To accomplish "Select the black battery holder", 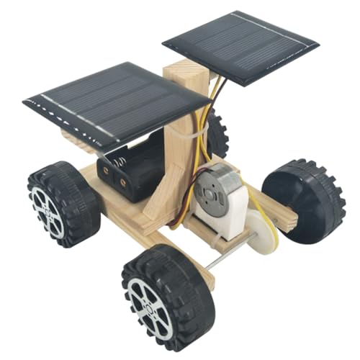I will (x=137, y=169).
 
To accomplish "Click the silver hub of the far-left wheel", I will (x=47, y=209).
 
